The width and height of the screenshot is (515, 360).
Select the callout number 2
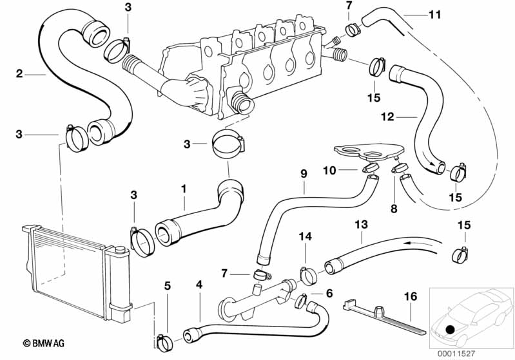point(20,74)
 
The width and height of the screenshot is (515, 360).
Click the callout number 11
point(435,14)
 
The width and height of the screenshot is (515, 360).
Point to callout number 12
point(386,117)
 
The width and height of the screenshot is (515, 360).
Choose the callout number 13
point(361,224)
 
